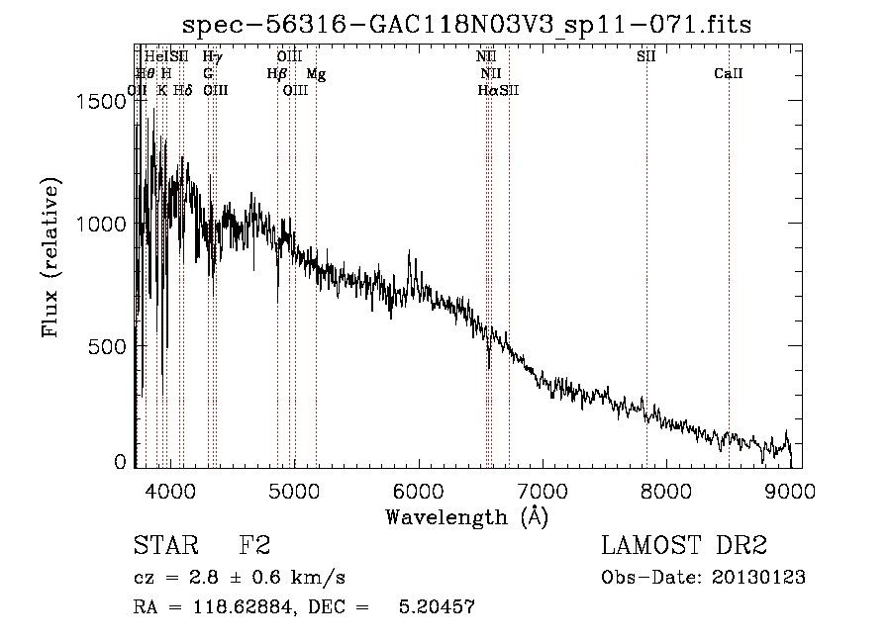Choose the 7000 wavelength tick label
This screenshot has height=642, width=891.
click(542, 490)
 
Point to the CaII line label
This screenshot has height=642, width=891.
click(729, 73)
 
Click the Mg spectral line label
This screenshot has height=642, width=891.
click(316, 73)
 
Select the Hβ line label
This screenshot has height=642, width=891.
click(277, 73)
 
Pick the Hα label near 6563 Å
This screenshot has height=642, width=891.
click(488, 90)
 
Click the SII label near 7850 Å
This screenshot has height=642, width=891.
click(646, 56)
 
